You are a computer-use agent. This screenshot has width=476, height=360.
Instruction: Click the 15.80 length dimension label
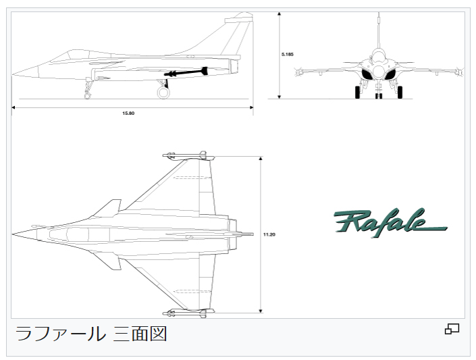tap(128, 113)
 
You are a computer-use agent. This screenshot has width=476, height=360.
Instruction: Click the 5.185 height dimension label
tap(288, 55)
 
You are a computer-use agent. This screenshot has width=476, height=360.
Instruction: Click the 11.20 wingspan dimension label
tap(269, 234)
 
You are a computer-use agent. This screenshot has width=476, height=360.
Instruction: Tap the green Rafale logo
tap(390, 223)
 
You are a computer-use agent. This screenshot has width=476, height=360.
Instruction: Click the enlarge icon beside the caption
tap(452, 329)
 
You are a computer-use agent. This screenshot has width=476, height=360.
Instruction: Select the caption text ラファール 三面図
tap(91, 333)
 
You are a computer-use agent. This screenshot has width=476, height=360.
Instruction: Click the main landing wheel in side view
tap(163, 93)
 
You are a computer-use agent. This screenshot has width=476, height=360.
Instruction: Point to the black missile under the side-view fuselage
tap(186, 72)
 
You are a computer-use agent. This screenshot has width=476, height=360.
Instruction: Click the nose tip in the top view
tap(12, 234)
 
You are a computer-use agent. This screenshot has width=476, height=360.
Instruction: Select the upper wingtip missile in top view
tap(189, 155)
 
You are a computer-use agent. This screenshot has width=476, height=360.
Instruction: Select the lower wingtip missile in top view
tap(189, 313)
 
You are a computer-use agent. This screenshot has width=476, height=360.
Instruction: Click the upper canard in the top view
tap(108, 209)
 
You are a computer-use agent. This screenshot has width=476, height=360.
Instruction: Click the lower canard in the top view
tap(108, 260)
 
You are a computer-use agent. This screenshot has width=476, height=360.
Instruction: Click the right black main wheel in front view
tap(400, 92)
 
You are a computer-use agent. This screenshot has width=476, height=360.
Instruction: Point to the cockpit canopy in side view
tap(79, 56)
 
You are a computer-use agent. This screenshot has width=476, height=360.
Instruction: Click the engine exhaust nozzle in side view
tap(234, 66)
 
